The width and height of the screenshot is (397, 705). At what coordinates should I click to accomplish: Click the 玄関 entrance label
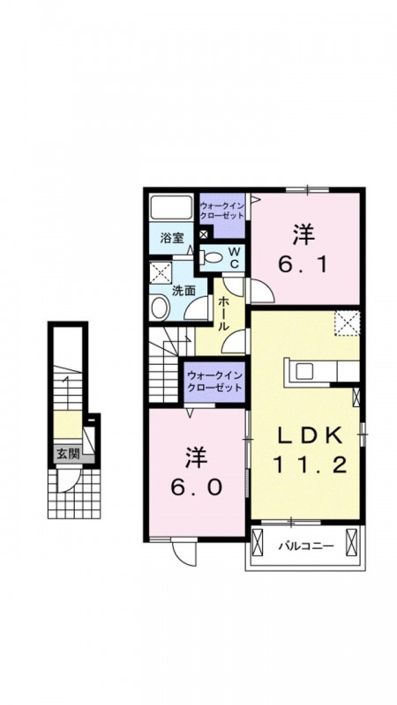[69, 454]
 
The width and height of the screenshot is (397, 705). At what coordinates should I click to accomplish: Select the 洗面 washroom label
[184, 290]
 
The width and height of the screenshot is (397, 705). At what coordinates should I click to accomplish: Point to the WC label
[234, 256]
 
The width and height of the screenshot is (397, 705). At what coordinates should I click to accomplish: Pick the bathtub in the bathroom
[171, 207]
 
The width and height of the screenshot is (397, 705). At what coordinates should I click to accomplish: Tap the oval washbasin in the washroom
[160, 308]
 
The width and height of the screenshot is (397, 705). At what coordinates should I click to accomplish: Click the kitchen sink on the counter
[303, 371]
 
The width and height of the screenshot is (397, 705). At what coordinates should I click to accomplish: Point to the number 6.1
[303, 265]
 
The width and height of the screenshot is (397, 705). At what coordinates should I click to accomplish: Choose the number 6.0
[196, 486]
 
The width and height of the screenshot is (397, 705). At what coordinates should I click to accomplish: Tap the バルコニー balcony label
[305, 545]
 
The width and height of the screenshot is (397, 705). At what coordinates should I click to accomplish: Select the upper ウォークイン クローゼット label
[222, 211]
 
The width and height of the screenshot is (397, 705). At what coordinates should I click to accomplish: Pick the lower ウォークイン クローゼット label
[214, 381]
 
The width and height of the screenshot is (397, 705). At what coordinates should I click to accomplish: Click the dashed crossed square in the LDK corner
[348, 323]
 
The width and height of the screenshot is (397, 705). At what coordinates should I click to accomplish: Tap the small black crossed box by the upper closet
[204, 234]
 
